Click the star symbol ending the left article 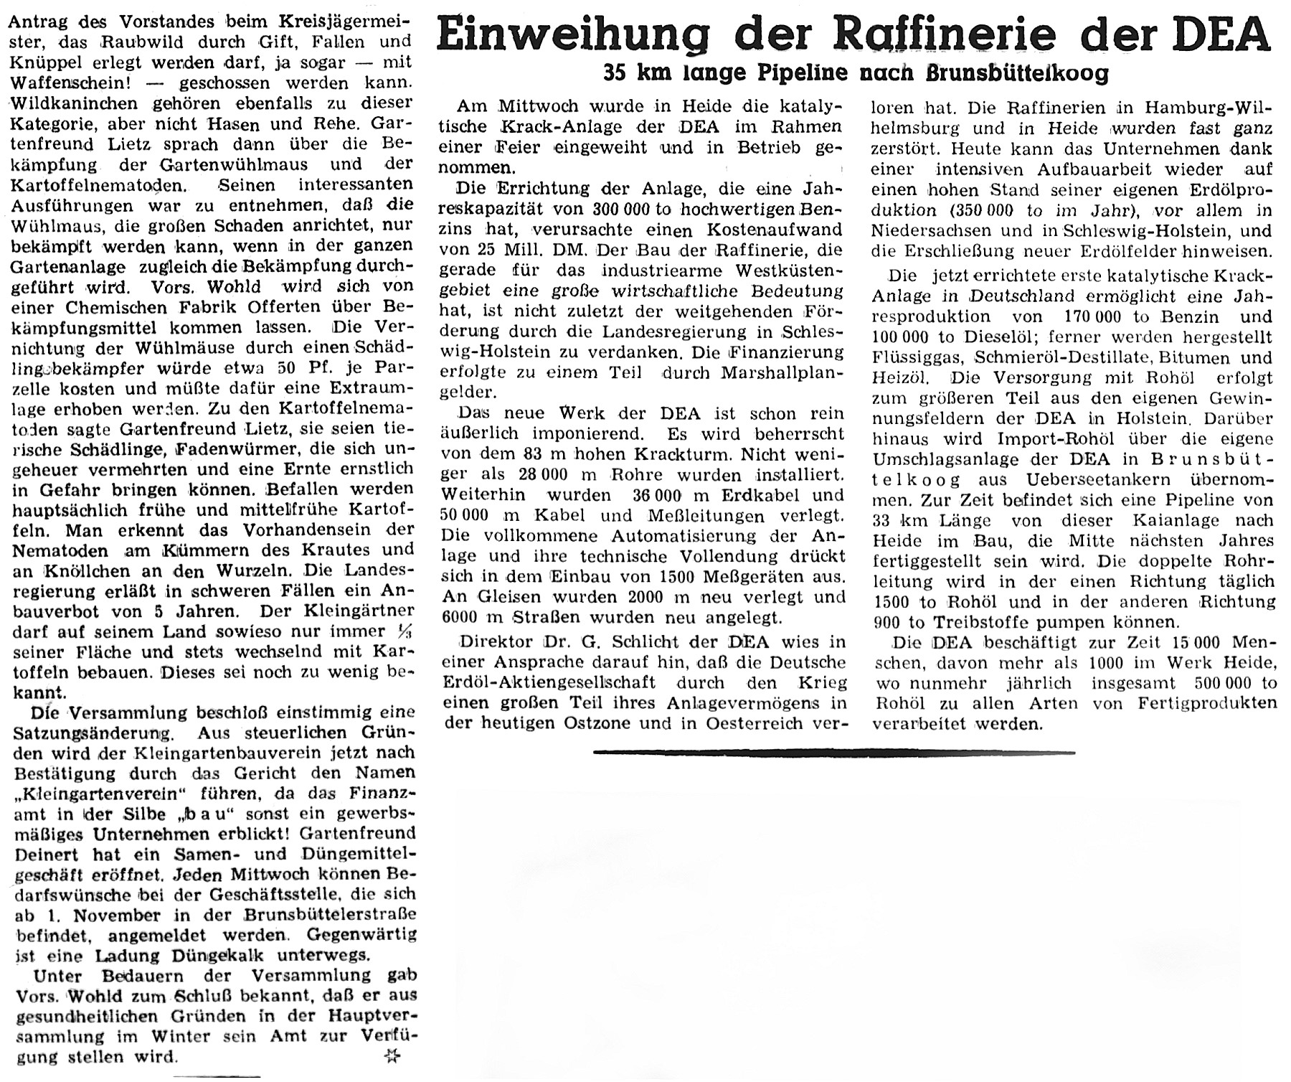pyautogui.click(x=391, y=1054)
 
